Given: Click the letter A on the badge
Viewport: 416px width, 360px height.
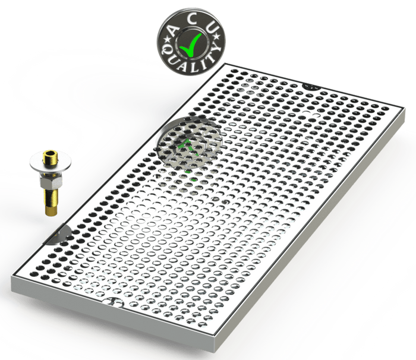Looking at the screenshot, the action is click(x=174, y=30).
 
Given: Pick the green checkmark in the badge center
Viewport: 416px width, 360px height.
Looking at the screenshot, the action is click(x=191, y=45).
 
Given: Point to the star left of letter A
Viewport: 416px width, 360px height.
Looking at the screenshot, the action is click(x=168, y=40).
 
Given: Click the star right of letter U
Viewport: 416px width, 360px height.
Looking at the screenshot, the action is click(x=217, y=36).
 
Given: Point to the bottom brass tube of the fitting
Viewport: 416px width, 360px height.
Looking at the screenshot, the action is click(x=51, y=202).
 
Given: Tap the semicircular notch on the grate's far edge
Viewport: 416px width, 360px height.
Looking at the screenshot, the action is click(x=311, y=86).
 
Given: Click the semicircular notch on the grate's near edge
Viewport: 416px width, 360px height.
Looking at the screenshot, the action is click(x=114, y=302).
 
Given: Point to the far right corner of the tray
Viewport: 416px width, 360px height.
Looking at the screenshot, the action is click(x=404, y=108).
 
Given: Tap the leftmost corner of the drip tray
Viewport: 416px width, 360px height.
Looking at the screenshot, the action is click(x=12, y=276).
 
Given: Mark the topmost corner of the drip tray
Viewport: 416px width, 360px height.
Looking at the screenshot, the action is click(x=225, y=64).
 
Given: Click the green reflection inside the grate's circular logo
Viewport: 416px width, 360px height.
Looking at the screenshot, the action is click(x=188, y=147).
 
